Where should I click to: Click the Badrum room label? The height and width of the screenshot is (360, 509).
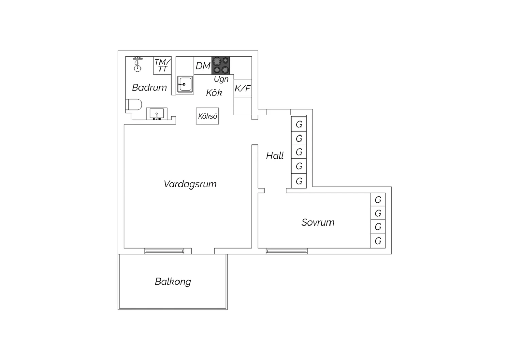pos(149,88)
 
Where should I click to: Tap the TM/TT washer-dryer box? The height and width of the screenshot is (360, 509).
pos(162,66)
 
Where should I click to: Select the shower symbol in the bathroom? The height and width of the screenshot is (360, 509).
pos(137,64)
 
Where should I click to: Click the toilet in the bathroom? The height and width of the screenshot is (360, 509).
pos(134,104)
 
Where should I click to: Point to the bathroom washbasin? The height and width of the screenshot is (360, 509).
pos(156,114)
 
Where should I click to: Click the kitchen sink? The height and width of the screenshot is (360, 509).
pos(185,84)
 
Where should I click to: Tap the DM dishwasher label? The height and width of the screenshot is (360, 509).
pos(203,66)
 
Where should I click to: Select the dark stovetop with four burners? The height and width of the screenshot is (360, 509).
pos(221,66)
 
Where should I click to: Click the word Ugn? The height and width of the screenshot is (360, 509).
pos(221,79)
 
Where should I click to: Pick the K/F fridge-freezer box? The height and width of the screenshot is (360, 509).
pos(243,88)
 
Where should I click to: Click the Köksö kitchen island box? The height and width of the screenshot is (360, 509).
pos(207,116)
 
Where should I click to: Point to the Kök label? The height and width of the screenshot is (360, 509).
pos(214,93)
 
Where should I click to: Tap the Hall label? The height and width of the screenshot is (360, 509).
pos(275,156)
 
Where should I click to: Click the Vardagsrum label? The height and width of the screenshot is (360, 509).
pos(190,184)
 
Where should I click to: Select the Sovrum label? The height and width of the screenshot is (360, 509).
pos(318,222)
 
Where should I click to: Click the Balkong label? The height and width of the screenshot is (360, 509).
pos(173,282)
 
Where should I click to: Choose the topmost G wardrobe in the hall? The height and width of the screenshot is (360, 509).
pos(299,124)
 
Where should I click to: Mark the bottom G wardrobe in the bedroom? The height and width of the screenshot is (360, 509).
pos(378,241)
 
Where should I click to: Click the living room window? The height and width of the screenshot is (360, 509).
pos(164,251)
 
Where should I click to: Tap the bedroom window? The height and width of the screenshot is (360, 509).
pos(287,251)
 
